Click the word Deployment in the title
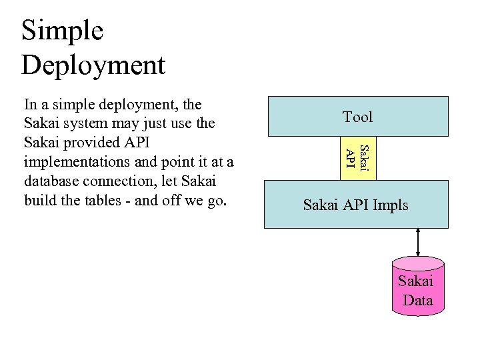93,65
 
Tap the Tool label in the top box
357,117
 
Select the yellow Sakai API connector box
358,159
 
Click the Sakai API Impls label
355,205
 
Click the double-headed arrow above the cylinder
418,241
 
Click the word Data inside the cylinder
418,300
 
